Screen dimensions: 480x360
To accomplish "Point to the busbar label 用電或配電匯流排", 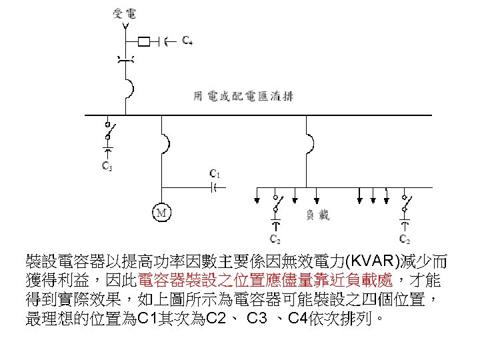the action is point(243,96).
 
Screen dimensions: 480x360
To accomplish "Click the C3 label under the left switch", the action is point(107,166).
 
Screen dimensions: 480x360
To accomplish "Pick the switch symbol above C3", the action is point(107,127).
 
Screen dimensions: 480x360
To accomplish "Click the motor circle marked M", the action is point(162,213).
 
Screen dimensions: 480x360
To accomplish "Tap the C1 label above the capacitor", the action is point(214,173).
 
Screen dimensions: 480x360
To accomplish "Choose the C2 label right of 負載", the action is point(404,238).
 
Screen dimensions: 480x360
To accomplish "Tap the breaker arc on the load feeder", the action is point(308,143).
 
